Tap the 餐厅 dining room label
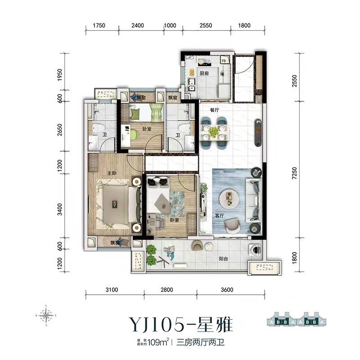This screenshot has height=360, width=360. pyautogui.click(x=207, y=109)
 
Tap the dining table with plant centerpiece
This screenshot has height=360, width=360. pyautogui.click(x=214, y=131)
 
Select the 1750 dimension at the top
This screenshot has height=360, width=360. pyautogui.click(x=99, y=26)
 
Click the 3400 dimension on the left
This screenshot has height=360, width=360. pyautogui.click(x=60, y=210)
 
